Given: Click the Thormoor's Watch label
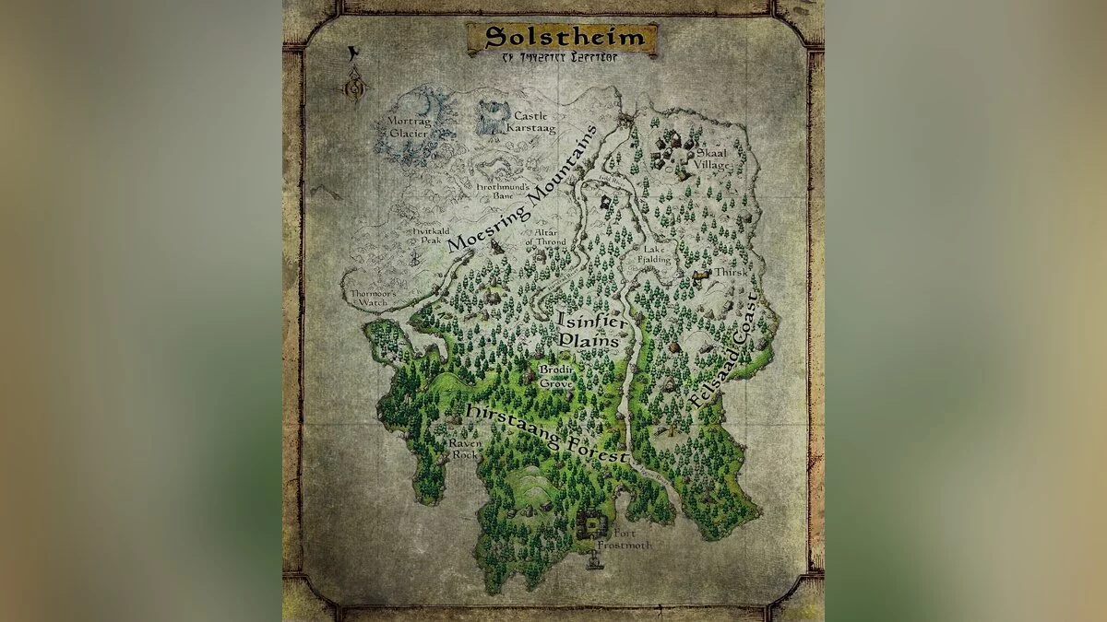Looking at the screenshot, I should (x=371, y=297).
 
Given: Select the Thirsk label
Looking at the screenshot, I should (x=730, y=274).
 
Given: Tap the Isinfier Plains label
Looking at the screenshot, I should (x=588, y=330).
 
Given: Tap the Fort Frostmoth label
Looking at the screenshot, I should (x=625, y=539).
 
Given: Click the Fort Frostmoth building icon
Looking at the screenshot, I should (x=591, y=528).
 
